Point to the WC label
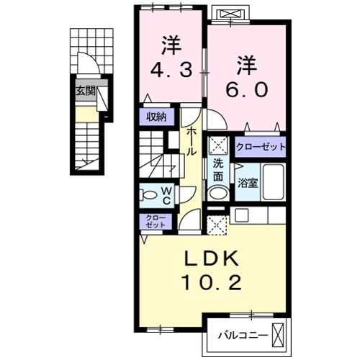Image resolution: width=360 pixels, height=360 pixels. (166, 194)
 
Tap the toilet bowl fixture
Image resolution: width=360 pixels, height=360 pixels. (149, 194)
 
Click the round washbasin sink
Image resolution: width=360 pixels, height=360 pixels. (217, 193)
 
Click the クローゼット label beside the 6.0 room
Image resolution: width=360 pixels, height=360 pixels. (261, 147)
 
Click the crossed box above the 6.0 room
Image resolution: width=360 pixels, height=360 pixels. (234, 15)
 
